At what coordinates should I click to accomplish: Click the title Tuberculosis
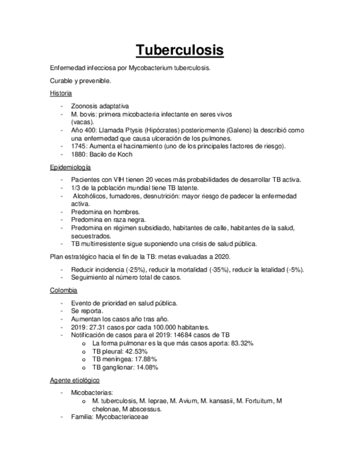pos(180,50)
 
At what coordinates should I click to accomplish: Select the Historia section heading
pos(60,93)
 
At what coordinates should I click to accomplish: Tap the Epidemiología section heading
pos(70,167)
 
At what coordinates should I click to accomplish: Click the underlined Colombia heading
pos(63,290)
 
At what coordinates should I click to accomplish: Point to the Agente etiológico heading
pos(74,380)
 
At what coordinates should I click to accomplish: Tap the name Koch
pos(124,154)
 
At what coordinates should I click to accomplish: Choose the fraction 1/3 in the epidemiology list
pos(75,188)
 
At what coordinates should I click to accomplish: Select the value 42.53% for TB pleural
pos(136,351)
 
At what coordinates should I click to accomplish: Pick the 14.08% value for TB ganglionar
pos(144,368)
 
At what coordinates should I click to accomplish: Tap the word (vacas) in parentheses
pos(82,121)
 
